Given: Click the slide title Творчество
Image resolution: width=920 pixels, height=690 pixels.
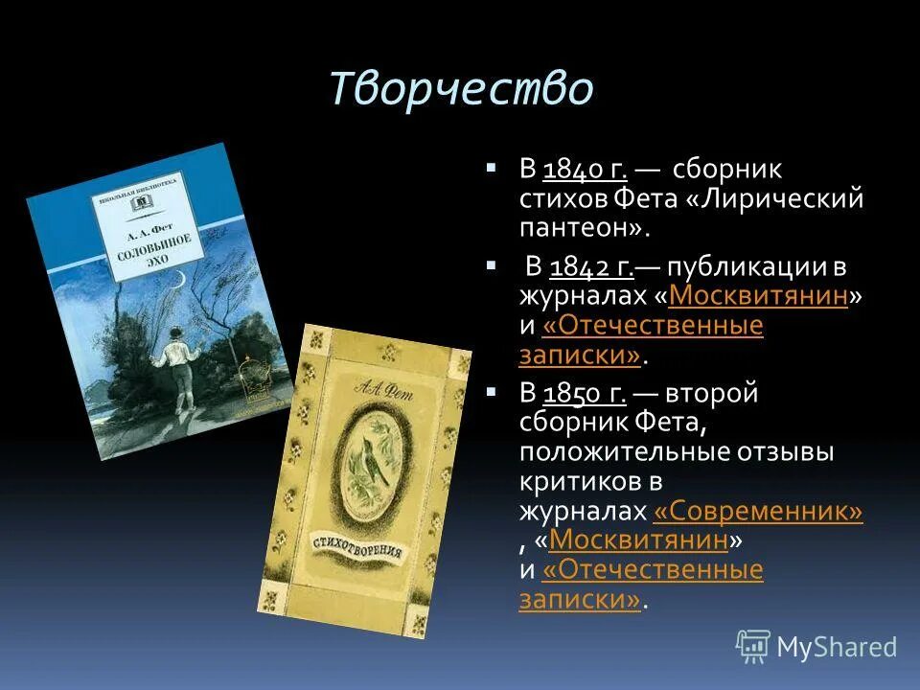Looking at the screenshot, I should coord(461,89).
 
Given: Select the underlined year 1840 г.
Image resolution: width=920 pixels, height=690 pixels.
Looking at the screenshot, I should coord(586,171).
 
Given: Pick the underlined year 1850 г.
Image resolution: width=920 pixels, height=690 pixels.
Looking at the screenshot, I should coord(586,393).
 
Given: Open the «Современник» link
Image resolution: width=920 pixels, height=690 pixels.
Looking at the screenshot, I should coord(757,512).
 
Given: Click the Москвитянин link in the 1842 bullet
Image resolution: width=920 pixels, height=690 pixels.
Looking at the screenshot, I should coord(758,296).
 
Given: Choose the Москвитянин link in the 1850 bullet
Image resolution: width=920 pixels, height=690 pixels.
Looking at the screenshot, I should coord(638,540).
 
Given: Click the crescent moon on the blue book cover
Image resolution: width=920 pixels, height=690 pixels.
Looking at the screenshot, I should coord(177,278).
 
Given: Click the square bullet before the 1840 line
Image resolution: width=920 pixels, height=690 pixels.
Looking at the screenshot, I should coord(492,168).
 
